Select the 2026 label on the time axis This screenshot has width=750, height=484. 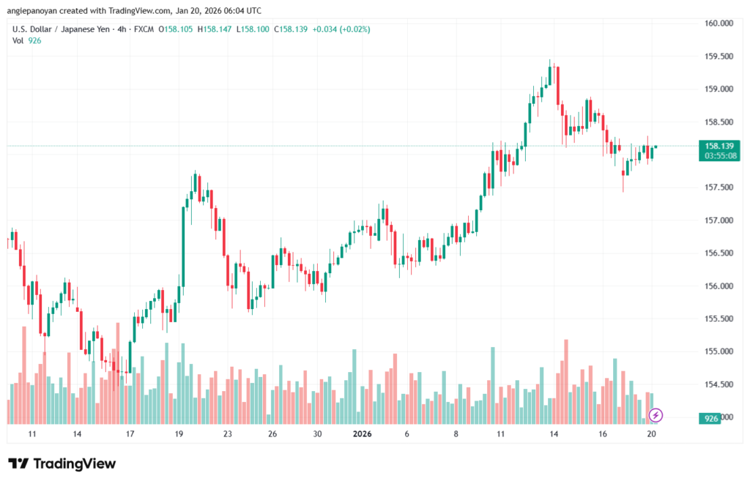363,434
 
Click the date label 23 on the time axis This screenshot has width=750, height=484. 227,434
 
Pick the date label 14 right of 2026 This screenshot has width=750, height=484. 554,434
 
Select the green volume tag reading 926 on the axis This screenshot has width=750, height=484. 710,418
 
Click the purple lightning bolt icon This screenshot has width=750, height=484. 656,415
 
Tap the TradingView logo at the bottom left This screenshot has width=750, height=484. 62,463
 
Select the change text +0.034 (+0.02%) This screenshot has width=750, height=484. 341,29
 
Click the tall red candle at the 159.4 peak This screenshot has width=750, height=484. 558,85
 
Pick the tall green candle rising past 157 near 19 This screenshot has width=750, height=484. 183,245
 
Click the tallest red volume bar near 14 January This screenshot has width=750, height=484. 565,381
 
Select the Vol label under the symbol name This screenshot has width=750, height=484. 18,40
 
